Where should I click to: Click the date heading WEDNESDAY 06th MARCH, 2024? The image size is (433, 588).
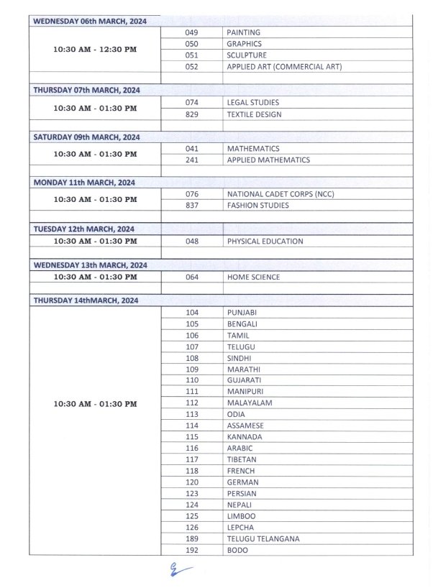(90, 21)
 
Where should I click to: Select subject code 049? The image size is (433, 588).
(191, 32)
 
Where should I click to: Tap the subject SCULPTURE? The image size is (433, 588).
(247, 55)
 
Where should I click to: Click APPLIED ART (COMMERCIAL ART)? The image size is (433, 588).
(284, 67)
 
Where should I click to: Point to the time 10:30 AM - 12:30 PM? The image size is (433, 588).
(95, 50)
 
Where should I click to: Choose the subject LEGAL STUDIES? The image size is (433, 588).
(253, 103)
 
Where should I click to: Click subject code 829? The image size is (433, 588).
(191, 114)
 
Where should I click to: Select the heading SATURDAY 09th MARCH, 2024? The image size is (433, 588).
(87, 137)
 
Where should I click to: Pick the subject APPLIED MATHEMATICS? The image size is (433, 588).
(268, 160)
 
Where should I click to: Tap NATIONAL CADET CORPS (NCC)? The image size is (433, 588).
(281, 194)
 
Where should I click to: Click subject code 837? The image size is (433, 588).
(191, 206)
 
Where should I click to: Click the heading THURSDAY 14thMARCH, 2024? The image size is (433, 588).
(86, 300)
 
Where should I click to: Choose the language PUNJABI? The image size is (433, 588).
(242, 313)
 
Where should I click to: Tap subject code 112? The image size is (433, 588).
(191, 403)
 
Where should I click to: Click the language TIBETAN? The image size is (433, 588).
(242, 459)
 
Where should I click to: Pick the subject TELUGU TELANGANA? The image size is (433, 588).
(263, 539)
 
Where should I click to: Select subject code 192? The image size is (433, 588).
(191, 551)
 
